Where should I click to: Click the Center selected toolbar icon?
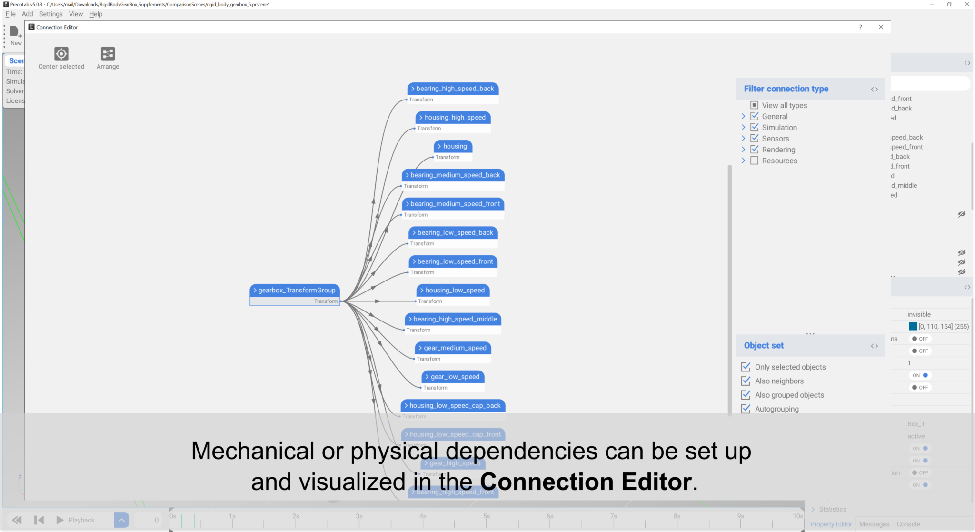pos(61,54)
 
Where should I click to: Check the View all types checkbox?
pos(755,105)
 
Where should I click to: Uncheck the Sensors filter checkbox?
pos(755,138)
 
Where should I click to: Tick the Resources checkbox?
pos(755,161)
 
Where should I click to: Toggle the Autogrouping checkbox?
pos(746,409)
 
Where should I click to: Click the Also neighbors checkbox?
pos(746,381)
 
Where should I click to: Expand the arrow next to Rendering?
pos(743,150)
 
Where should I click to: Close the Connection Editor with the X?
pos(881,27)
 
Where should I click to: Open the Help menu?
pos(96,14)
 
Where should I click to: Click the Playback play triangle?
pos(60,520)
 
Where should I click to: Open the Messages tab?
pos(874,524)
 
